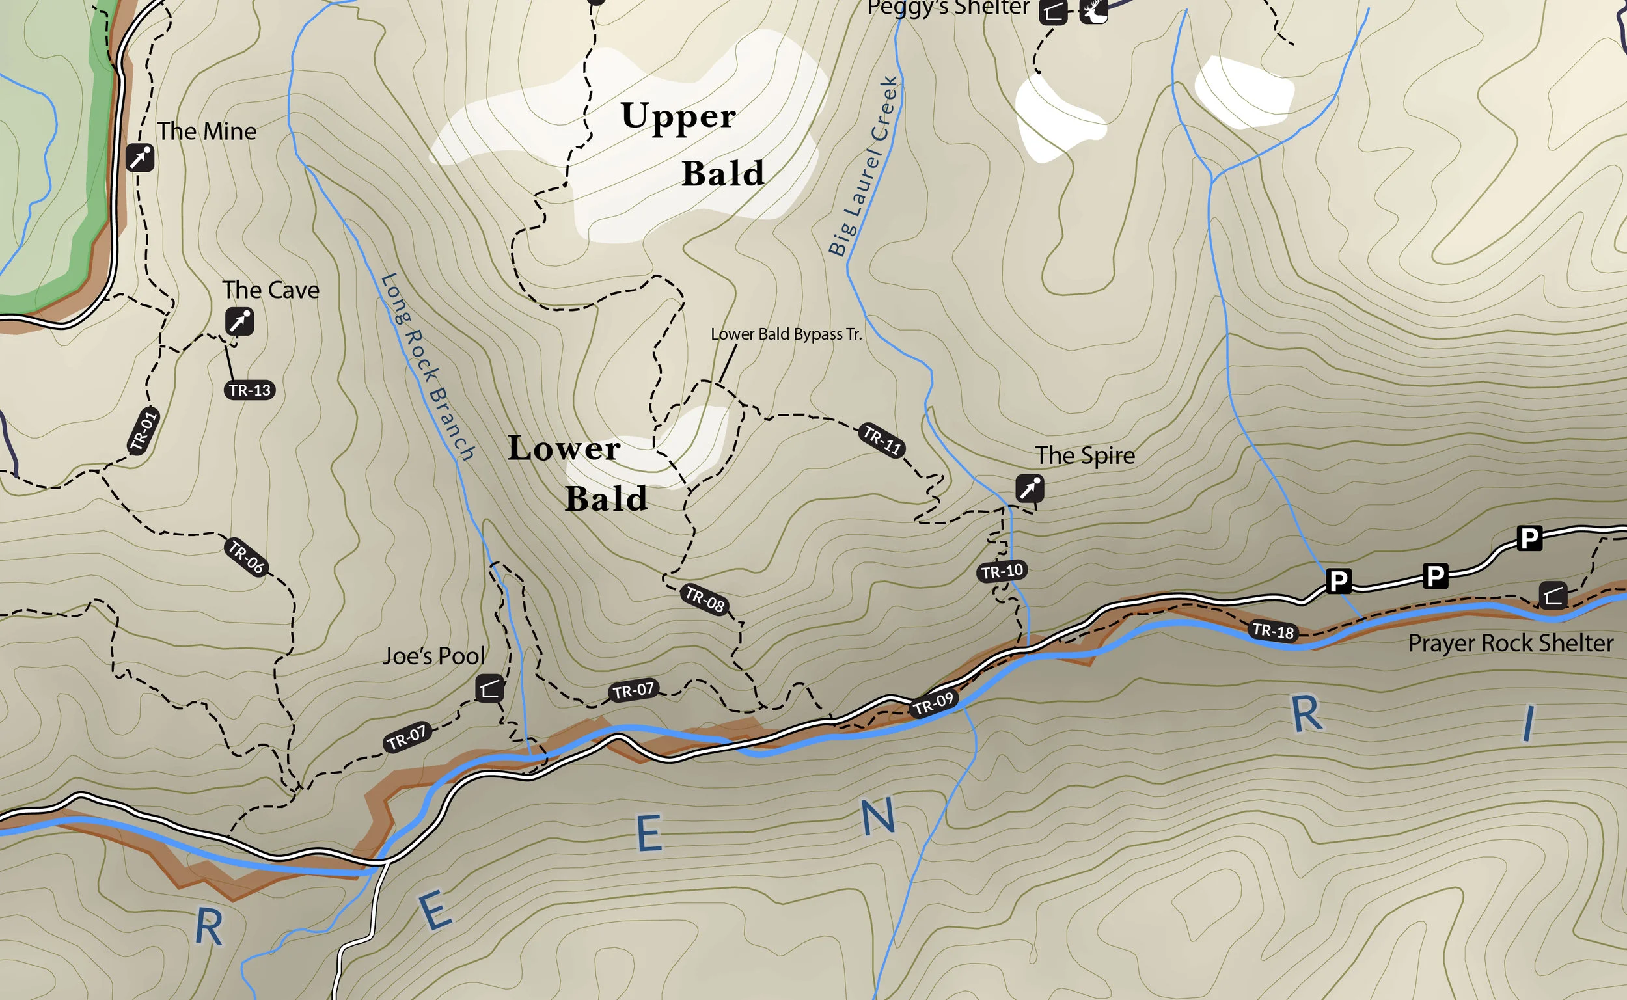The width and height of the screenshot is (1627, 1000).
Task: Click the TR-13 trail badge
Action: click(x=249, y=390)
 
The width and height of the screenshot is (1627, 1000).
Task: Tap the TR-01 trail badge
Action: click(x=144, y=431)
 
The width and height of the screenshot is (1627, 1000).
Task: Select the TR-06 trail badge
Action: click(x=246, y=557)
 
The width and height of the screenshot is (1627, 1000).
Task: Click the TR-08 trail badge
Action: click(x=705, y=599)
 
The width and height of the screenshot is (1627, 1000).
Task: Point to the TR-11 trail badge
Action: click(x=882, y=440)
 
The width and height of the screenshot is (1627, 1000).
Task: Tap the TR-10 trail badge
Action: click(x=1002, y=571)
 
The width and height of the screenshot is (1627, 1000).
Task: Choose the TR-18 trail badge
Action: click(x=1273, y=631)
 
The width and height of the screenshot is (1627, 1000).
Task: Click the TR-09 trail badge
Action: click(x=933, y=704)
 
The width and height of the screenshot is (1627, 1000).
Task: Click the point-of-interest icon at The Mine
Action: click(x=140, y=158)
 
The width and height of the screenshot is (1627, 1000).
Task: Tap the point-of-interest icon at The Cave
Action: click(x=239, y=321)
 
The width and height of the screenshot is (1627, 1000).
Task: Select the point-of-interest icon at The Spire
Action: click(x=1030, y=489)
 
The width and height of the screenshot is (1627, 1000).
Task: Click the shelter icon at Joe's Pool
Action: click(x=489, y=689)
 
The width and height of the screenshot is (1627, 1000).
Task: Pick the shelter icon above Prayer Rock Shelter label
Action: click(x=1553, y=595)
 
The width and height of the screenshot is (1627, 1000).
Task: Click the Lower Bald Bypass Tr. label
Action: click(x=786, y=334)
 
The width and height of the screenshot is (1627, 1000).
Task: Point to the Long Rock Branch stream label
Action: click(x=428, y=367)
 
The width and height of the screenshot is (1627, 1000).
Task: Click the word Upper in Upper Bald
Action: click(x=678, y=117)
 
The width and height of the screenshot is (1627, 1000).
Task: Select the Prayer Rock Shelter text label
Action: click(x=1511, y=643)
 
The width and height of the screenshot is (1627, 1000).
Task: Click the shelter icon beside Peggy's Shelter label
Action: click(x=1053, y=11)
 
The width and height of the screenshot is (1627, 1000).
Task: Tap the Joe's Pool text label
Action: click(x=434, y=656)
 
